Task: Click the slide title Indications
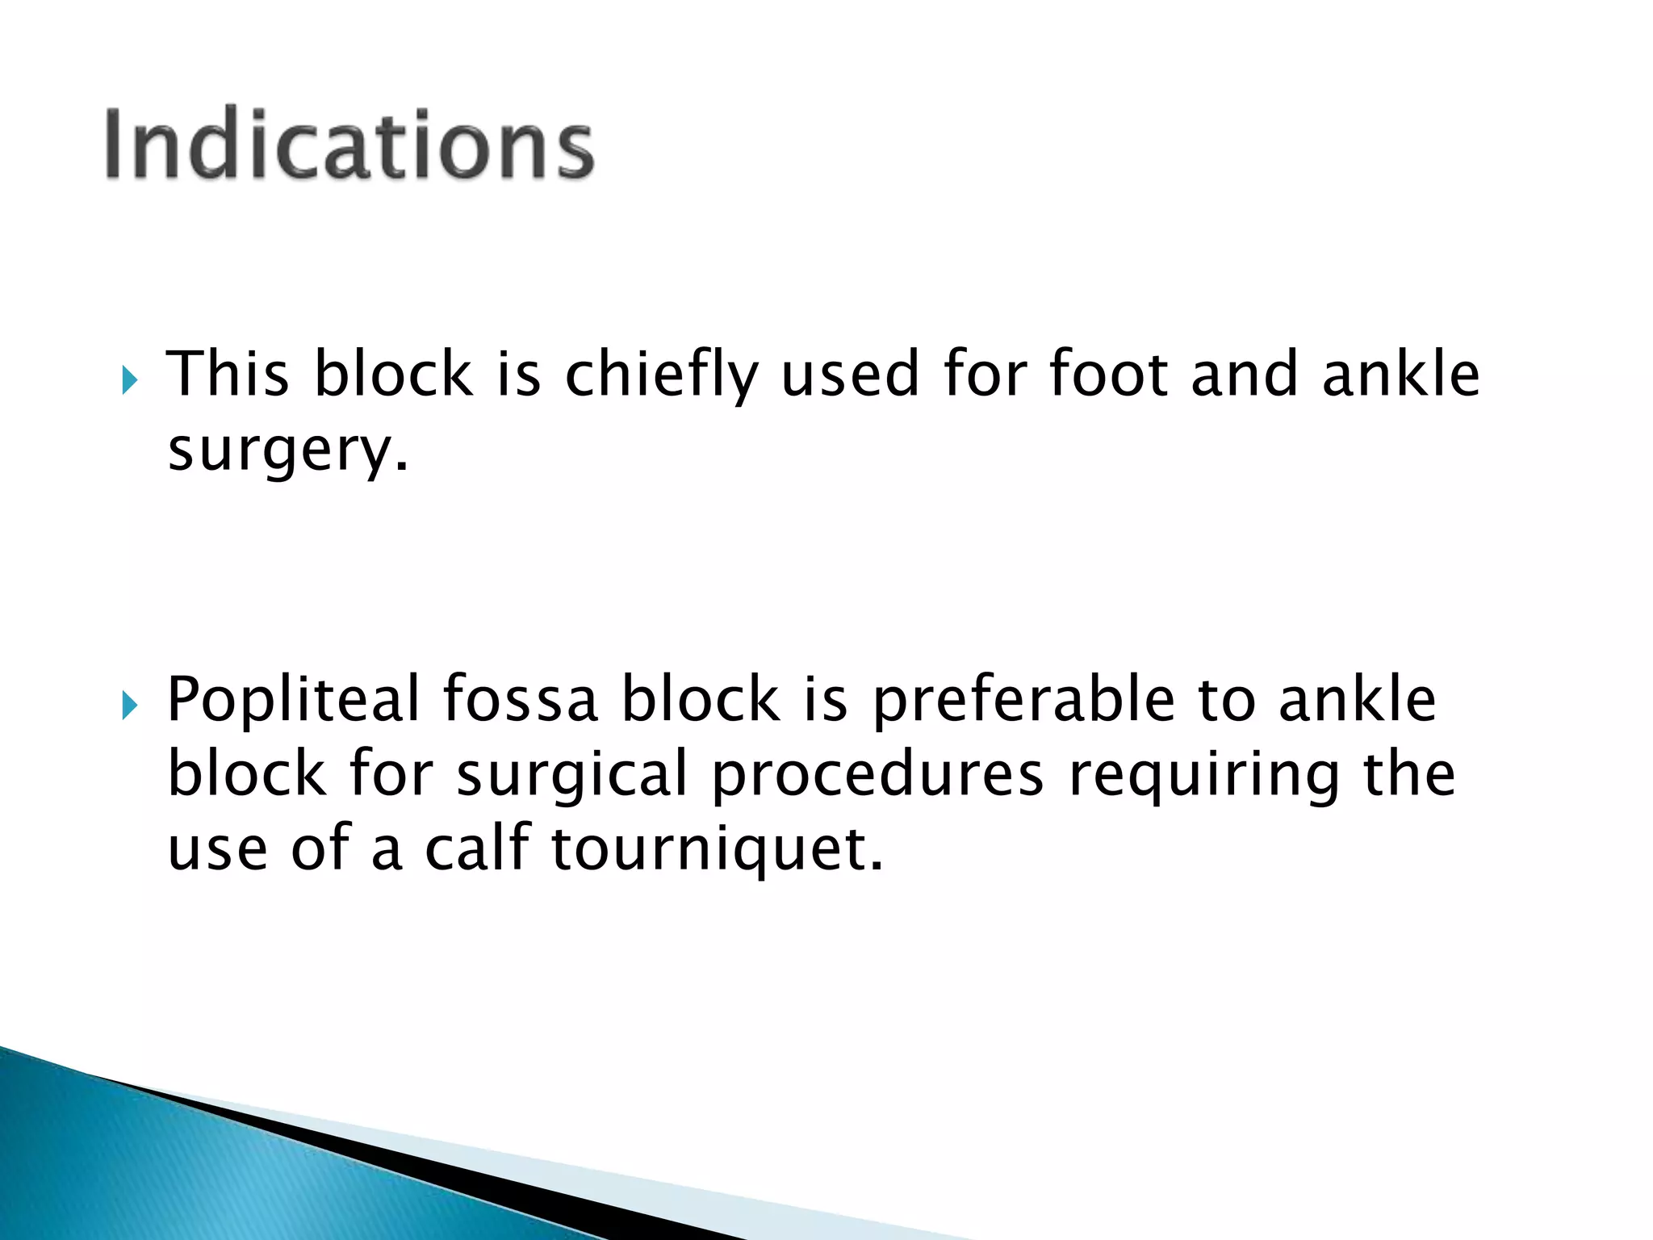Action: pyautogui.click(x=349, y=145)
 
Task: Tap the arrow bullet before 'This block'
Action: pyautogui.click(x=129, y=379)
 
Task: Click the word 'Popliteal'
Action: pyautogui.click(x=293, y=700)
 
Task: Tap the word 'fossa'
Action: pyautogui.click(x=520, y=698)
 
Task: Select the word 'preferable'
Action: pyautogui.click(x=1023, y=700)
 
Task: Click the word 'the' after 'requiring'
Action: pyautogui.click(x=1409, y=773)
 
